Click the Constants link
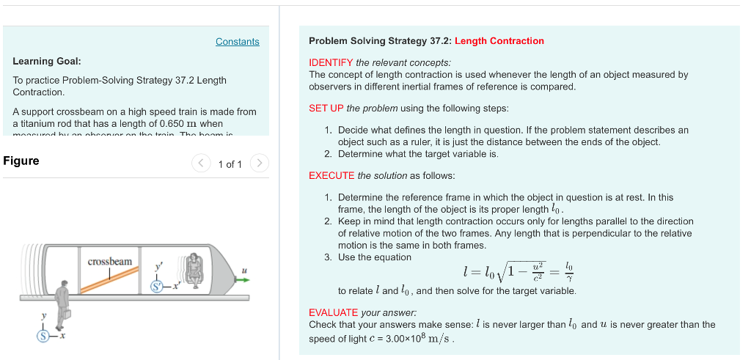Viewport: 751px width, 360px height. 237,42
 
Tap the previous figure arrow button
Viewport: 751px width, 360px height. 201,164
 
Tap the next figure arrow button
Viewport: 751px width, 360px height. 260,164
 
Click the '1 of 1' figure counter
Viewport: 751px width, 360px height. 230,164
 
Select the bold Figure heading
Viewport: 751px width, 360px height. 21,161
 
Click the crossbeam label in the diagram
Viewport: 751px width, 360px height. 110,262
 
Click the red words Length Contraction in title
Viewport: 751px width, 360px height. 499,41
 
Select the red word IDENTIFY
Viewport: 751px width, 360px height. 331,62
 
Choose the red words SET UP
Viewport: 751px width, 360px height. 326,109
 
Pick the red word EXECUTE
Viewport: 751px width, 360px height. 331,176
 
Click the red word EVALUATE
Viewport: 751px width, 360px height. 333,312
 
